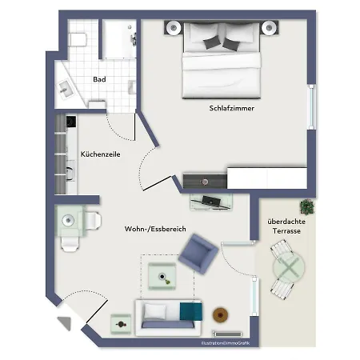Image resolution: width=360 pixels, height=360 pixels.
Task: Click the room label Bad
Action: [99, 79]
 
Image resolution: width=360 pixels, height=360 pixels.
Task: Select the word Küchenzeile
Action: [100, 154]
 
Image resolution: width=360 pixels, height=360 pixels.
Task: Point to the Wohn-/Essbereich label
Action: [155, 229]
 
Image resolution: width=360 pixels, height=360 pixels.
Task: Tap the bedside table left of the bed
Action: [172, 30]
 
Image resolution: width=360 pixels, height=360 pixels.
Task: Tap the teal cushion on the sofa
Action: [190, 313]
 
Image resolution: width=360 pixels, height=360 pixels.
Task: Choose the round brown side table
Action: [219, 314]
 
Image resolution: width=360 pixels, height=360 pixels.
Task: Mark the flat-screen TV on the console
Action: [213, 200]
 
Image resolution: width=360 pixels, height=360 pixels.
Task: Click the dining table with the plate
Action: [70, 220]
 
